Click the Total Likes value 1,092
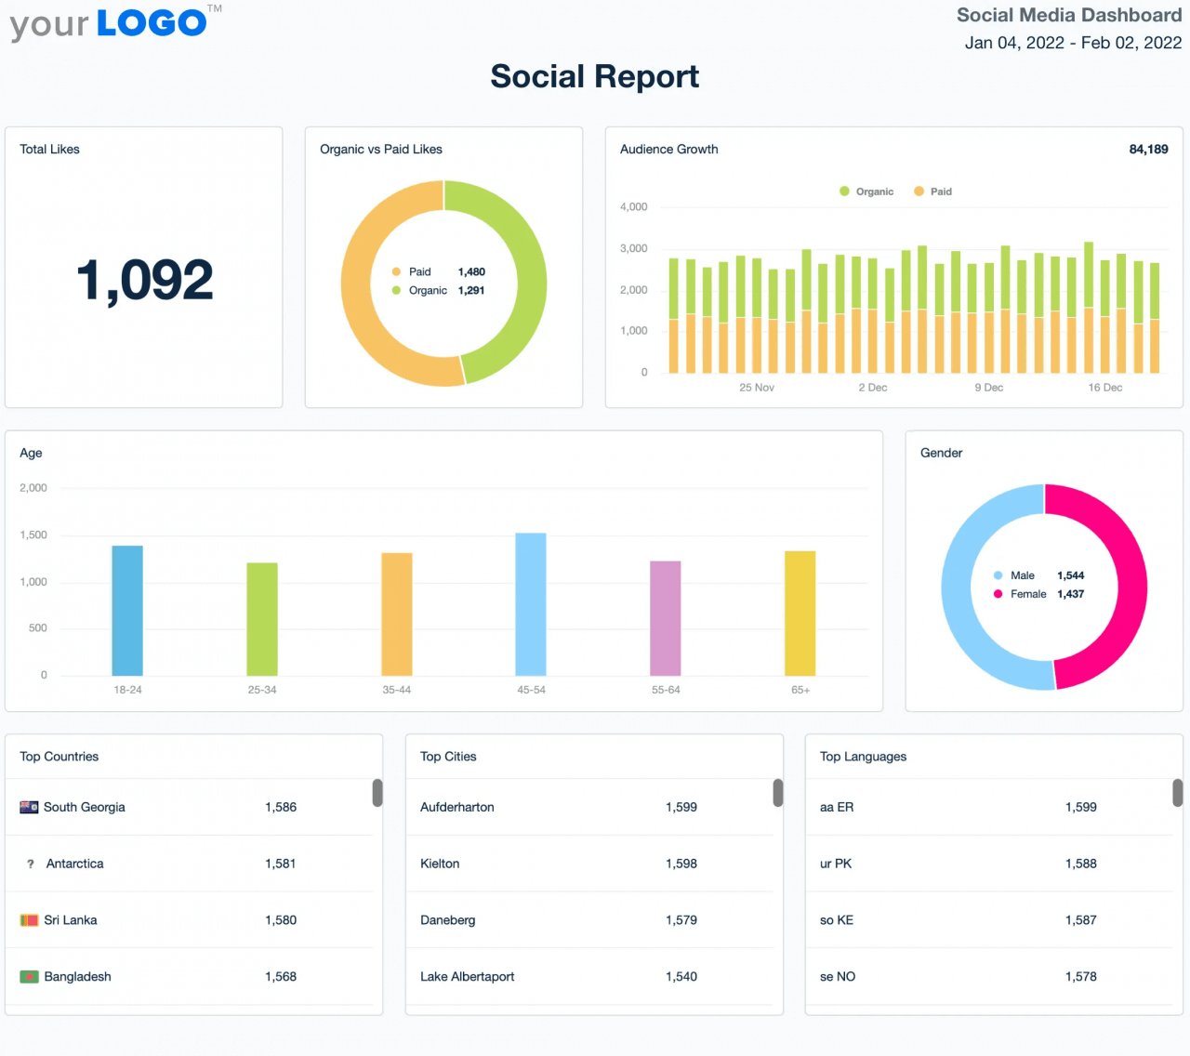(x=144, y=280)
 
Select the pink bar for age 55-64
(x=665, y=618)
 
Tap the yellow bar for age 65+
(x=800, y=614)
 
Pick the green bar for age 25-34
(x=261, y=619)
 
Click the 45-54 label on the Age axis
(x=531, y=690)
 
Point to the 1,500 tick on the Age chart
(x=33, y=535)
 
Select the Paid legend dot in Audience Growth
(x=919, y=191)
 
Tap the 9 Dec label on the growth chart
(x=988, y=388)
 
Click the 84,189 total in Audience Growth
(x=1148, y=150)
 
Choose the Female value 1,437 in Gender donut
(x=1070, y=594)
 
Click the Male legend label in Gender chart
(x=1022, y=575)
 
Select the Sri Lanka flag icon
(x=30, y=920)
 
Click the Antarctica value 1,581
(x=280, y=864)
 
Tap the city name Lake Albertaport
(x=467, y=976)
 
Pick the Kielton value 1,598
(x=681, y=864)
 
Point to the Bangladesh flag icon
(x=30, y=977)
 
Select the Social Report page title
(x=594, y=76)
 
